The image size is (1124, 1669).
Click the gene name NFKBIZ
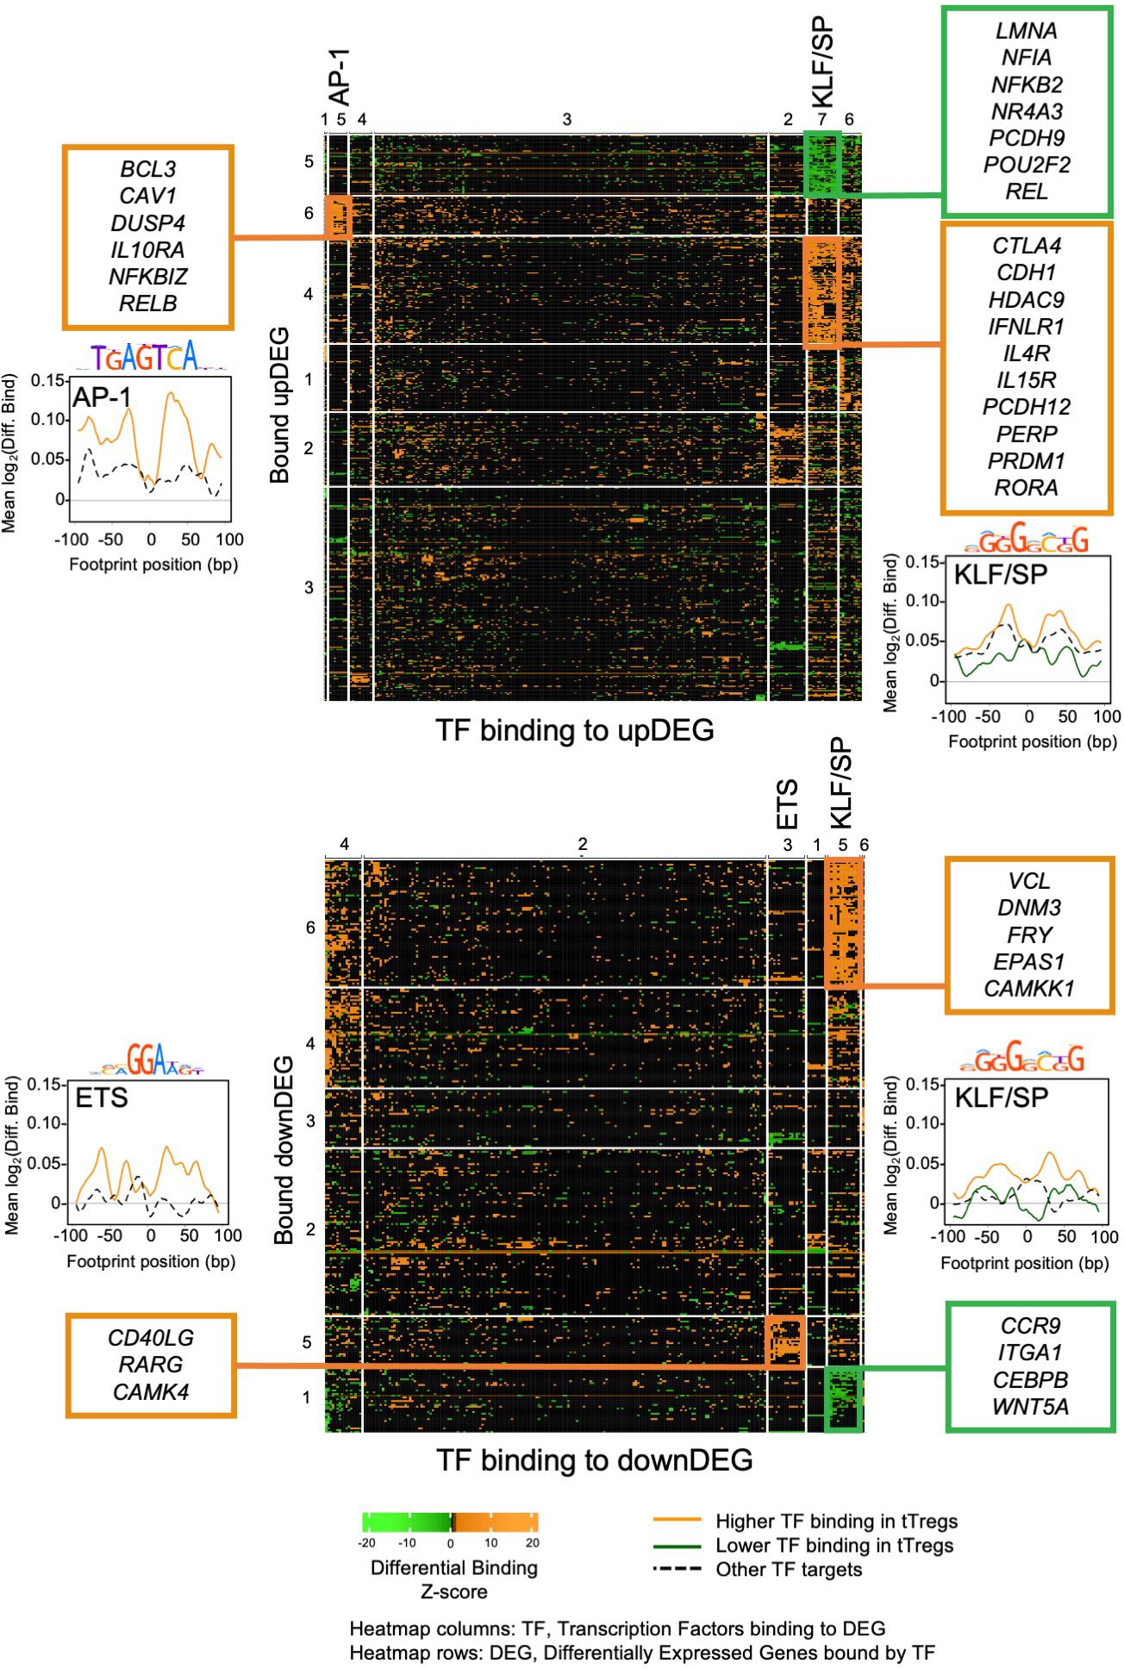point(148,277)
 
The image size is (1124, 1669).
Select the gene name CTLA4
point(1026,246)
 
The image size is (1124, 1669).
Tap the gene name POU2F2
point(1026,165)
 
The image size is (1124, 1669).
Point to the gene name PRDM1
point(1026,460)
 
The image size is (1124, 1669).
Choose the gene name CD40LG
point(151,1338)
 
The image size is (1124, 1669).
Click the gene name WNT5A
point(1030,1407)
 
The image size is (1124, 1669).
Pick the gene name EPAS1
point(1029,961)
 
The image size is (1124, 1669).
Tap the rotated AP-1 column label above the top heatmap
point(341,78)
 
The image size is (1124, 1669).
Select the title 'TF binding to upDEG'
point(575,731)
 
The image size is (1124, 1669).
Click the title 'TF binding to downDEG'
point(594,1460)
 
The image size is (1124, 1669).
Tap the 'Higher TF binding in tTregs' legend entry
point(836,1522)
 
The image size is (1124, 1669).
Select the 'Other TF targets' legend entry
point(789,1570)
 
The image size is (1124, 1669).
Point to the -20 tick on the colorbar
point(366,1542)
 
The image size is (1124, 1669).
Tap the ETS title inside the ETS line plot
point(102,1097)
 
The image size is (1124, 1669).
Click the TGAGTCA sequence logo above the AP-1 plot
point(147,355)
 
